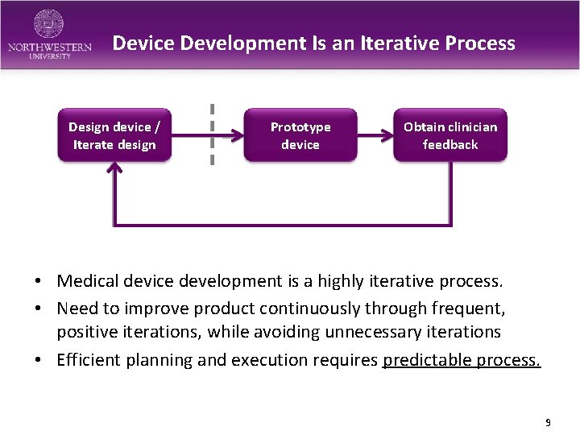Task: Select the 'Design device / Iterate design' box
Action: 114,135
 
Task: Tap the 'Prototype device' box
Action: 300,135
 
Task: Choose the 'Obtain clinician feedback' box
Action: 450,135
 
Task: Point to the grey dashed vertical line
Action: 212,134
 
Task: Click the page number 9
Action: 548,422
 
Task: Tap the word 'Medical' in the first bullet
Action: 87,281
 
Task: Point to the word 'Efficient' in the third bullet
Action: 87,359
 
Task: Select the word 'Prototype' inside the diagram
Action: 300,126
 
